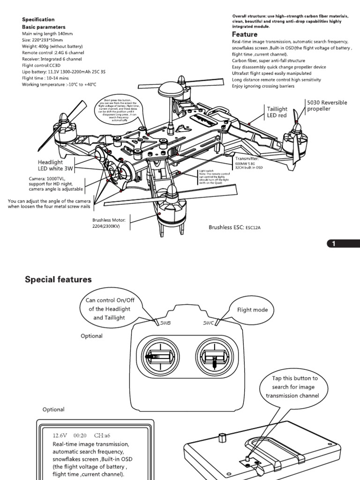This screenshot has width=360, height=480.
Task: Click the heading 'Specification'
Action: [38, 20]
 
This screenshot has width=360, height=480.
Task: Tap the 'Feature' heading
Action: [245, 34]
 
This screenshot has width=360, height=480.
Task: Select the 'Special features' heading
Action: [58, 279]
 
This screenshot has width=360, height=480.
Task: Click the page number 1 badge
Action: [334, 244]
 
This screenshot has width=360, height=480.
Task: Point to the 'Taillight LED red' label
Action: [277, 112]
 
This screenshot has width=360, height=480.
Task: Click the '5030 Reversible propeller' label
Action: [327, 105]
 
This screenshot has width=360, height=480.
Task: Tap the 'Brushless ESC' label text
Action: [225, 227]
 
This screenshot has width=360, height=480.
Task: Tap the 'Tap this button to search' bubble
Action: [295, 387]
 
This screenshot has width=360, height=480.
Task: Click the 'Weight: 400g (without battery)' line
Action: [52, 47]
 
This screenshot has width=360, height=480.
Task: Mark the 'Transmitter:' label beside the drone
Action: [248, 158]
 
